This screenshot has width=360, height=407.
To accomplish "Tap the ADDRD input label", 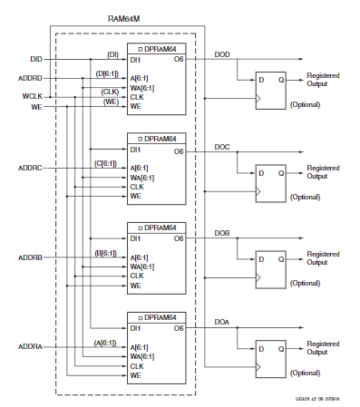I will [x=31, y=79].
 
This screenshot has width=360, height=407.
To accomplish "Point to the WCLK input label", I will [x=31, y=96].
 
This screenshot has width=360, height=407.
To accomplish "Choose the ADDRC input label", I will [x=31, y=168].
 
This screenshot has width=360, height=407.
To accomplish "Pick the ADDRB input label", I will [x=31, y=257].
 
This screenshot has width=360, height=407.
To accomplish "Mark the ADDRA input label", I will [x=31, y=346].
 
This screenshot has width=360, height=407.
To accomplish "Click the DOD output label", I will [x=222, y=55].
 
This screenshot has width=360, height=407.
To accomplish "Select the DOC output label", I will [x=222, y=145].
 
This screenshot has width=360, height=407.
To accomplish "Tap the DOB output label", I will [x=222, y=234].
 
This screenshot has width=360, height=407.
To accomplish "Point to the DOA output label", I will [x=222, y=323].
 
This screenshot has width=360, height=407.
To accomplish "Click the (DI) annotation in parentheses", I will [x=113, y=54].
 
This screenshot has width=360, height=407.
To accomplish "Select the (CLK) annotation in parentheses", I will [x=110, y=91].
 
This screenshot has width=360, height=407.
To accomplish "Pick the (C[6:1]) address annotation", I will [x=108, y=162].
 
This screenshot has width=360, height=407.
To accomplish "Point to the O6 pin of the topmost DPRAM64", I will [x=179, y=61].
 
